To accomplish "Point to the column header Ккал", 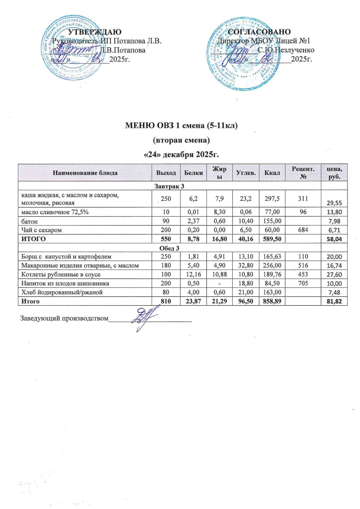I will coord(272,172).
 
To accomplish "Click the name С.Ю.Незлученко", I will coord(285,50).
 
